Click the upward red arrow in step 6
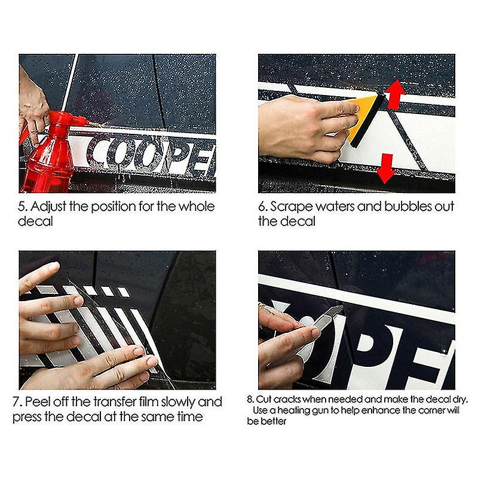(394, 96)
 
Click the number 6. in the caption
(262, 207)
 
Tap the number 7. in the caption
(19, 402)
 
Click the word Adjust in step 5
(50, 207)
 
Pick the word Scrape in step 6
(292, 207)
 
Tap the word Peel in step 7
(41, 402)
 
